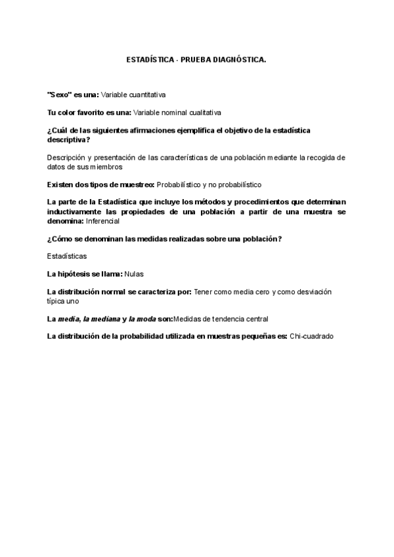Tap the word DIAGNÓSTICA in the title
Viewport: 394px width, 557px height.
[239, 60]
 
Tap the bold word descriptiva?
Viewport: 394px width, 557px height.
[69, 140]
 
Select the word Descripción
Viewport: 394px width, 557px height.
[68, 158]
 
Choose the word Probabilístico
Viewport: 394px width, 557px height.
[181, 185]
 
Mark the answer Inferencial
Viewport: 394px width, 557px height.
[102, 221]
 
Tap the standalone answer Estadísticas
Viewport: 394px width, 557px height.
[67, 255]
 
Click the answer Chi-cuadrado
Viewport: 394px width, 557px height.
[311, 336]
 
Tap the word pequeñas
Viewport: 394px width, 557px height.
[255, 336]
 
